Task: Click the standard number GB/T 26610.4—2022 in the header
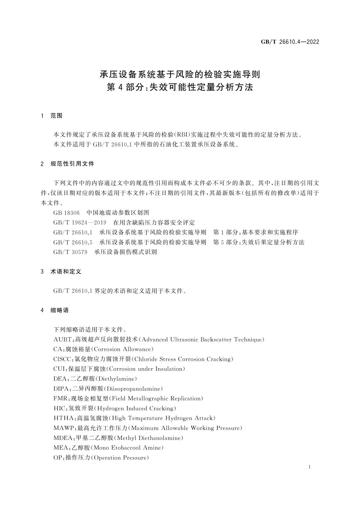290,42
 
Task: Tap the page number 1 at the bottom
310,467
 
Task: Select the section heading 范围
57,116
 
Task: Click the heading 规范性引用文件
72,164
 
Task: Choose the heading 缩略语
60,310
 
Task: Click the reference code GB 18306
66,213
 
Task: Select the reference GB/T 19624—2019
80,223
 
